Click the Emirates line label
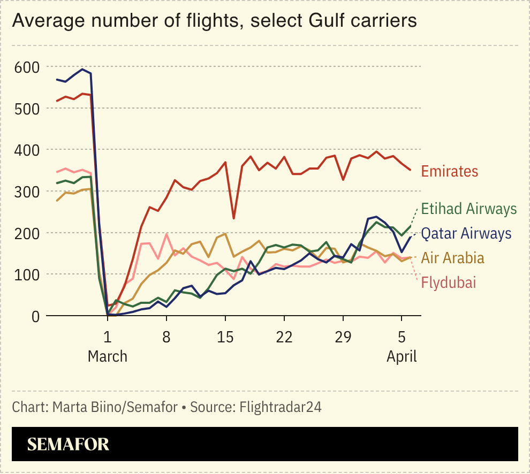[449, 171]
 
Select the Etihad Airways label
[469, 208]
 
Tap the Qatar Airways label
[466, 233]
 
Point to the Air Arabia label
[452, 258]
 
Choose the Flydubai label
[448, 282]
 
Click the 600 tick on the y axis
[27, 67]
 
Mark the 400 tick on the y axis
[27, 150]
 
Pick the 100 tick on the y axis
[27, 274]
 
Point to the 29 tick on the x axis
[343, 338]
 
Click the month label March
[108, 356]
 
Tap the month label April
[402, 356]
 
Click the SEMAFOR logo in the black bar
[68, 444]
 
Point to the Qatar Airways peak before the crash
[82, 69]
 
